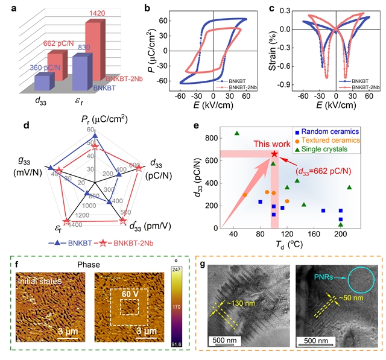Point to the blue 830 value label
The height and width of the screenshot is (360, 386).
tap(81, 48)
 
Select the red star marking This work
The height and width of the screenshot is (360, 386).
tap(274, 154)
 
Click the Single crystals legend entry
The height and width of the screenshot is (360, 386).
tap(337, 150)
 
